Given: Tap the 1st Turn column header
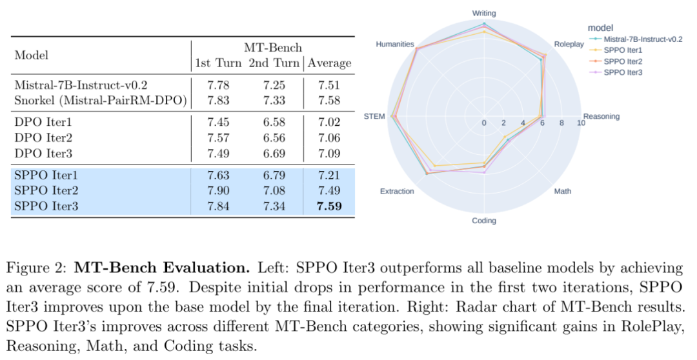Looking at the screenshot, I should coord(218,63).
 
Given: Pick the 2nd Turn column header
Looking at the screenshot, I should coord(274,63).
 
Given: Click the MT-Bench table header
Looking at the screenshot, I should coord(273,48).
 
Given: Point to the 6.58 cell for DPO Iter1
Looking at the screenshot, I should coord(274,123).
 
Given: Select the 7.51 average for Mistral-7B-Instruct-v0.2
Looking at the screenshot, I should coord(329,85).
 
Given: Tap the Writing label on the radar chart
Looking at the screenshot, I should coord(484,12).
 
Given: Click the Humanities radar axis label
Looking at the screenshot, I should coord(395,44).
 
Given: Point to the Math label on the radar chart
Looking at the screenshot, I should coord(562,191).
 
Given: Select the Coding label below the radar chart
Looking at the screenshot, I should coord(484,221).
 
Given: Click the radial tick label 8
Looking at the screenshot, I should coord(561,123).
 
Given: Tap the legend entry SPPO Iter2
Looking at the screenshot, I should coord(623,61).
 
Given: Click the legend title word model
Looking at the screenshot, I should coord(600,28).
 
